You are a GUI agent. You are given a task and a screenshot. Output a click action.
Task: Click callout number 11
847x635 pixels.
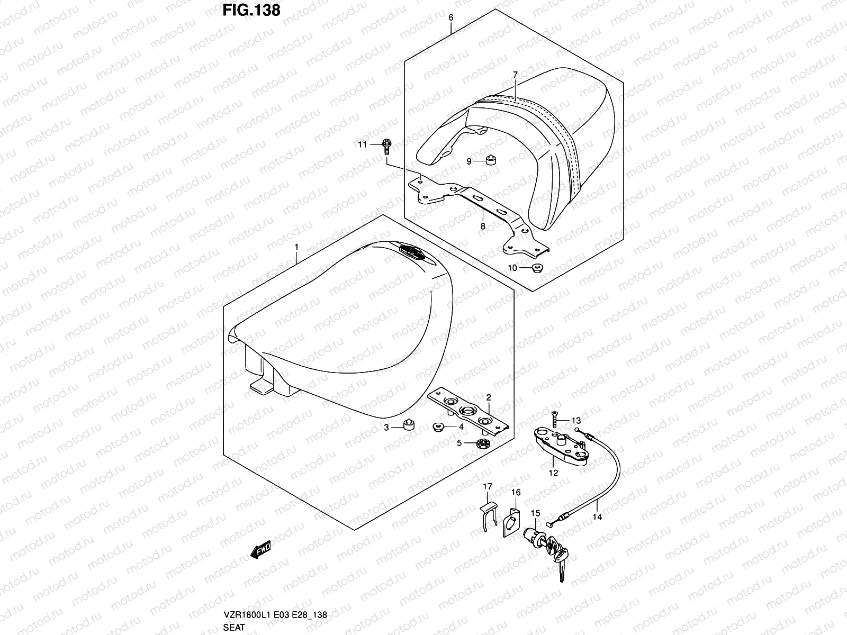coord(362,144)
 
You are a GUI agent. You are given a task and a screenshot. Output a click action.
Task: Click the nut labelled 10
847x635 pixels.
coord(536,268)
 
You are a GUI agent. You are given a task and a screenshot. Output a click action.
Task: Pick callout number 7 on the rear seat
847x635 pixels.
coord(515,75)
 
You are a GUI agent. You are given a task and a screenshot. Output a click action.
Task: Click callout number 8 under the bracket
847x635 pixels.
coord(482,226)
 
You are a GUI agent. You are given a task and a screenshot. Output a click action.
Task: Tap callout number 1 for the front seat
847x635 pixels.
coord(296,247)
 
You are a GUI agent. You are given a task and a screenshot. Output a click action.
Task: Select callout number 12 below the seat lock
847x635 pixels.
coord(553,473)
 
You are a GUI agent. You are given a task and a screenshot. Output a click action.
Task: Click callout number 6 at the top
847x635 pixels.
coord(450,17)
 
